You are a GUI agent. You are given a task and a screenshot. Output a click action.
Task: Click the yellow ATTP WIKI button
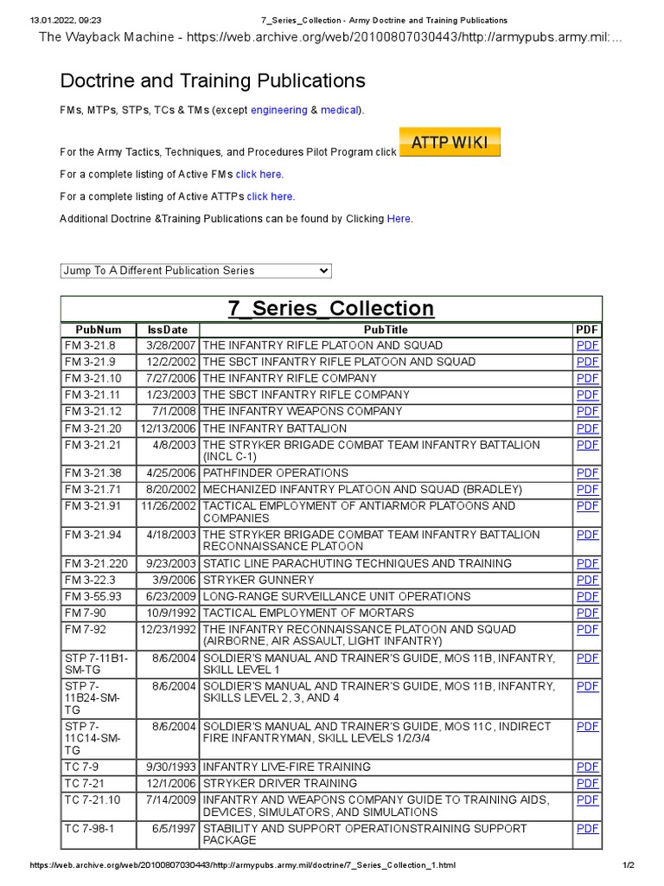[450, 143]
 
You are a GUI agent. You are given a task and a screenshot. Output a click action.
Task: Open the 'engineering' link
[278, 110]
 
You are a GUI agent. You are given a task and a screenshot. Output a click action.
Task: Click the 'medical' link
[339, 110]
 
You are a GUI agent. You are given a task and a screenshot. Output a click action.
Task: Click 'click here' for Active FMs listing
[259, 175]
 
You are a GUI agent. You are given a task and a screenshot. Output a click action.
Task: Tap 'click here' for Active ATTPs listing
[270, 196]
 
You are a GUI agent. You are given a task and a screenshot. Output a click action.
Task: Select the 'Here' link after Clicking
[399, 219]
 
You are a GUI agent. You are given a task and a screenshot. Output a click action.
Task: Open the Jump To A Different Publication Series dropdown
[196, 271]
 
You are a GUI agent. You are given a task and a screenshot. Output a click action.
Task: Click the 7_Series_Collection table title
[330, 309]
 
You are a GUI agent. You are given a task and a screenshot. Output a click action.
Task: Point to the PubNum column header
[99, 330]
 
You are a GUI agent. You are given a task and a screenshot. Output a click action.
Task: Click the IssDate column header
[168, 330]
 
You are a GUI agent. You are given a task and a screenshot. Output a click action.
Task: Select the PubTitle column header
[386, 330]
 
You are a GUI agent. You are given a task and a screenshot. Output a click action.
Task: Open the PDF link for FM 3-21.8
[587, 345]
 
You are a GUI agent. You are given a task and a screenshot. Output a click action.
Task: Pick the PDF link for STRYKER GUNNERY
[587, 580]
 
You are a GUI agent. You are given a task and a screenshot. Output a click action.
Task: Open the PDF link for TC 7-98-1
[587, 829]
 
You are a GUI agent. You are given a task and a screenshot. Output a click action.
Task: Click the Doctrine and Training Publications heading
[213, 81]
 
